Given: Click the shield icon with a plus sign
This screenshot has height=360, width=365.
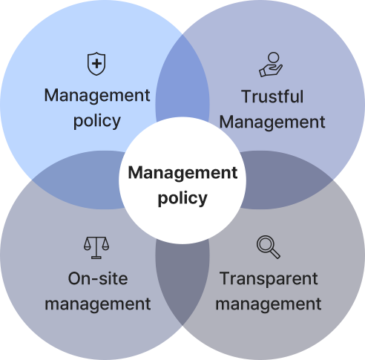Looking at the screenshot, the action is click(x=96, y=64).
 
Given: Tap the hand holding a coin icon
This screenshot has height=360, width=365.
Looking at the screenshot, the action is click(x=271, y=65).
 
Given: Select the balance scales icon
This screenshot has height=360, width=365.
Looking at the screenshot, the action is click(x=96, y=248).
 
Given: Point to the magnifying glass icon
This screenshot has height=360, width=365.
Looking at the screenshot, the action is click(x=269, y=247).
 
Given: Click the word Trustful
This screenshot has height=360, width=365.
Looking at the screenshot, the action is click(x=272, y=96).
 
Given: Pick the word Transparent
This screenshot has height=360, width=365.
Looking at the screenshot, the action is click(x=269, y=278).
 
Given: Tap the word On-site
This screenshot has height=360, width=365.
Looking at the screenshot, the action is click(x=98, y=278).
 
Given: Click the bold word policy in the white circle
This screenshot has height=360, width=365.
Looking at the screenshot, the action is click(x=182, y=198).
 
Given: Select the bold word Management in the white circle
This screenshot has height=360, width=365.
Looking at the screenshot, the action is click(x=182, y=173).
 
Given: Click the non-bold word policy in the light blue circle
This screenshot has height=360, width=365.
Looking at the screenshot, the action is click(x=97, y=121).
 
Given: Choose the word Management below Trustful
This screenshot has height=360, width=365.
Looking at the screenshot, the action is click(x=272, y=122).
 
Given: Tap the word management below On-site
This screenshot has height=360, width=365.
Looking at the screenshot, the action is click(x=98, y=304).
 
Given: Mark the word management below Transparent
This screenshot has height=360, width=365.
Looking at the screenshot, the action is click(x=269, y=304).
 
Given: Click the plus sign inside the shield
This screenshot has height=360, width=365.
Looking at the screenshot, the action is click(x=96, y=64).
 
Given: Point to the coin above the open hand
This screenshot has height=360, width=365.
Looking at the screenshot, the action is click(x=274, y=58).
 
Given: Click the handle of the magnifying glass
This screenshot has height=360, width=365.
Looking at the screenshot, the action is click(x=275, y=254).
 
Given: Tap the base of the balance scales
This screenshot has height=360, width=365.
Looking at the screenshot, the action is click(x=96, y=258).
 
